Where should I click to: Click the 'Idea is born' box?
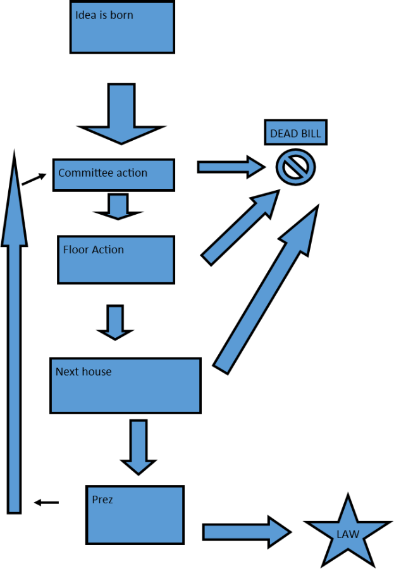point(122,27)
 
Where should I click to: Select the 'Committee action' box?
point(114,174)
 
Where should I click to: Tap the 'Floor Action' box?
point(116,260)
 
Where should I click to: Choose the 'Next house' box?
point(125,385)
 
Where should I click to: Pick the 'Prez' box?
point(135,515)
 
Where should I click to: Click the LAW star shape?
point(347,534)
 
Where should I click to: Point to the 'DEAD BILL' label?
point(295,133)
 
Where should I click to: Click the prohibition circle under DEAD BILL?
point(295,167)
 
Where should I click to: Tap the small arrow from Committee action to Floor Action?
point(118,206)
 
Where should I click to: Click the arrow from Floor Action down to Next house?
point(115,322)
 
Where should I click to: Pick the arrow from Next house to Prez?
point(139,446)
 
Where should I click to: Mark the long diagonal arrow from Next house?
point(266,290)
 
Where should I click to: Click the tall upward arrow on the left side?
point(14,354)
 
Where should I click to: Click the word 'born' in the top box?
point(121,15)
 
